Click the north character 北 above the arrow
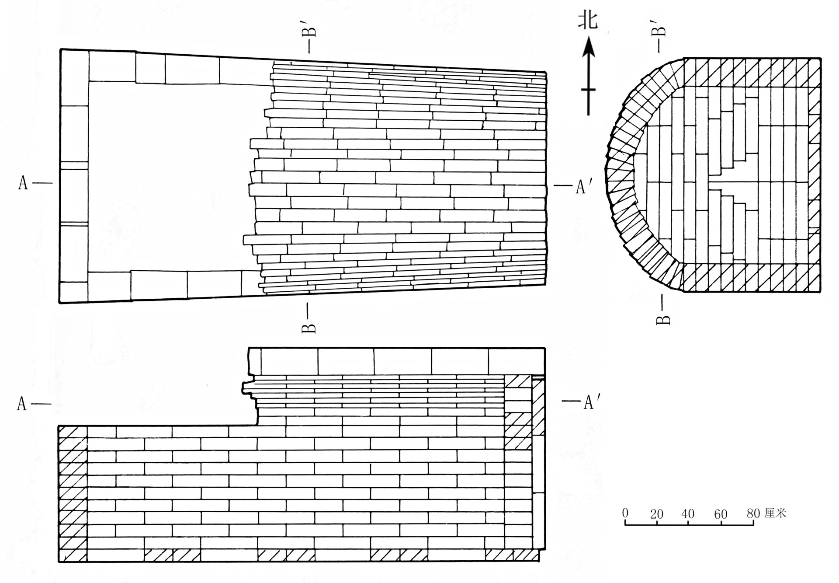click(588, 20)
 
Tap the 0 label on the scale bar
click(625, 512)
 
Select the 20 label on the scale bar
click(657, 514)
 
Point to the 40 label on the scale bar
click(688, 513)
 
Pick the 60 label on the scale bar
click(721, 514)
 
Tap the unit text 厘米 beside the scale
click(776, 513)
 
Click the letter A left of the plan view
click(23, 183)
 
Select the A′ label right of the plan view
click(581, 187)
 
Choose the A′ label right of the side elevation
click(589, 402)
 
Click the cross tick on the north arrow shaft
click(588, 90)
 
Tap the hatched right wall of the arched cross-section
click(814, 175)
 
